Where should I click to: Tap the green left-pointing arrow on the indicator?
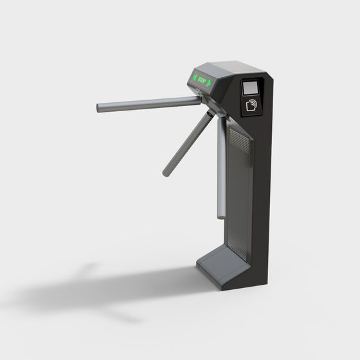coord(192,78)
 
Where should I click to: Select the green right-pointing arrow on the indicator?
coord(210,82)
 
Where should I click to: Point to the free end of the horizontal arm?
coord(100,107)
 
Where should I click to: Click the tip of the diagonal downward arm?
coord(166,172)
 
